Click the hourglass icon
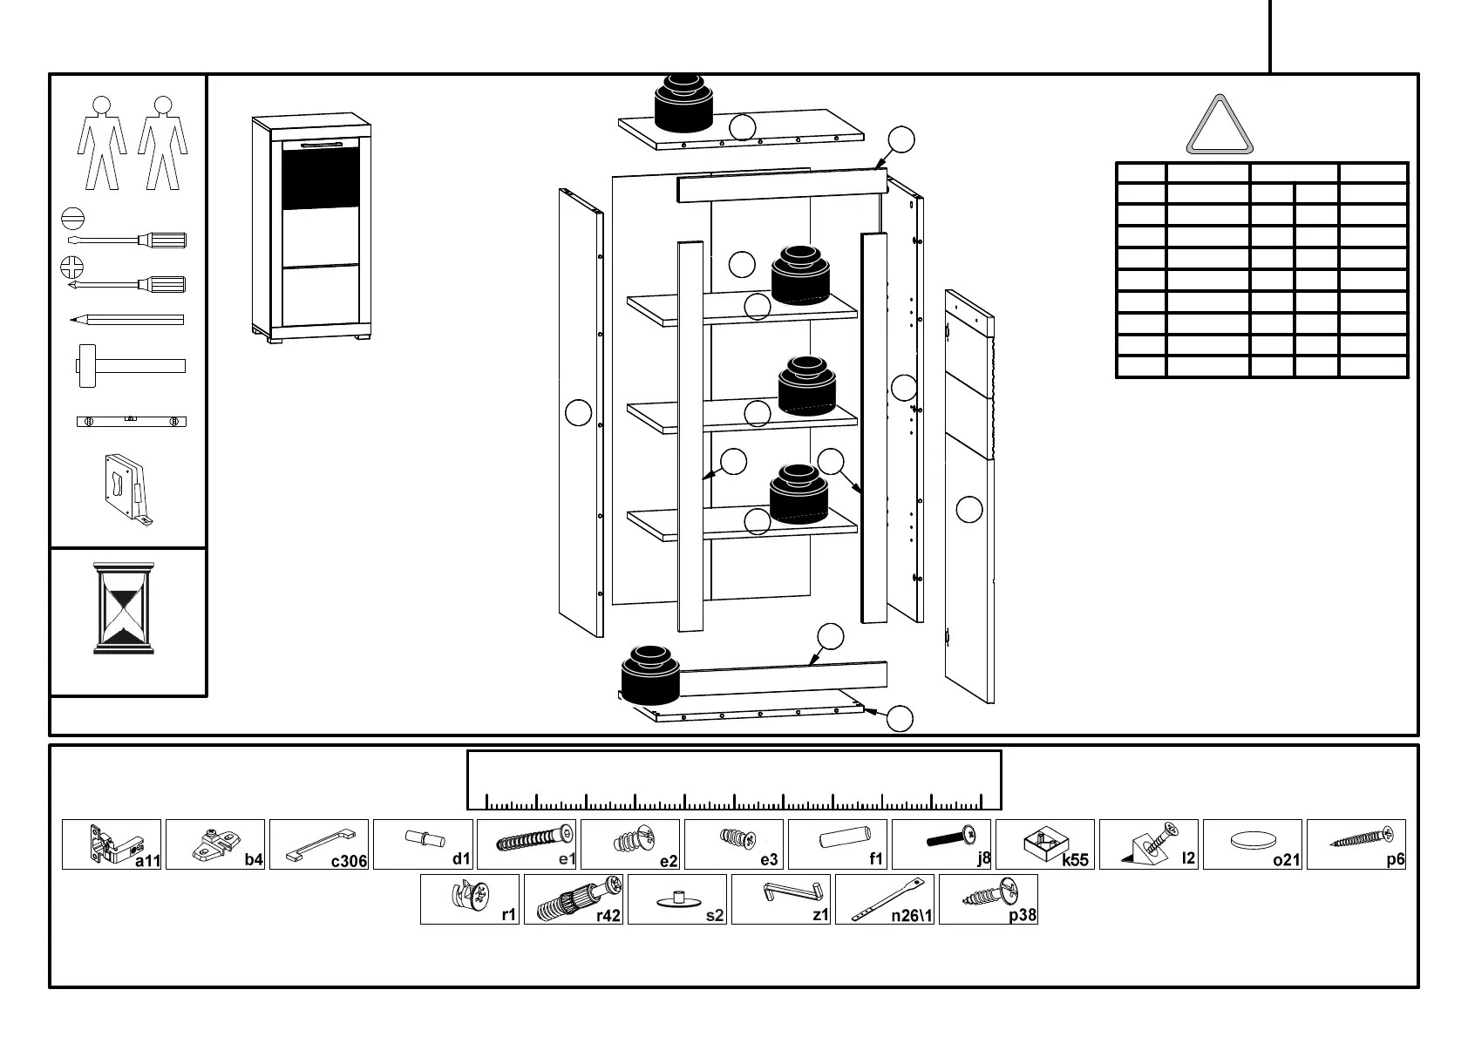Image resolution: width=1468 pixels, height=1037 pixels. click(124, 608)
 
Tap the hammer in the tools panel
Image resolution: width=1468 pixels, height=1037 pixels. click(130, 365)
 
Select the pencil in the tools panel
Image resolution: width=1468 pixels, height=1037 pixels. click(127, 320)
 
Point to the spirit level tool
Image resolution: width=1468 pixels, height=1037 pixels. click(131, 422)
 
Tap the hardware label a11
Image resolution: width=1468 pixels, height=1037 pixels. click(147, 861)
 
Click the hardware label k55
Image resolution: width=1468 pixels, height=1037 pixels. click(1075, 860)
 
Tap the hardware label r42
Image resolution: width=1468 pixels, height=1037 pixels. click(608, 915)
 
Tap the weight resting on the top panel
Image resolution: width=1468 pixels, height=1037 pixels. click(683, 103)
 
